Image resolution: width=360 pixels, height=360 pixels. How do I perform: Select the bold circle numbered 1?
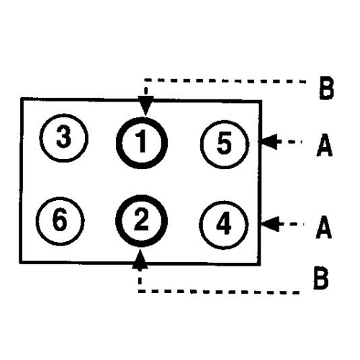pyautogui.click(x=142, y=118)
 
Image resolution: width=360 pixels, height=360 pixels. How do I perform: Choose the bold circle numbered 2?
pyautogui.click(x=142, y=197)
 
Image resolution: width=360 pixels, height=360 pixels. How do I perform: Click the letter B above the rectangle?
pyautogui.click(x=327, y=88)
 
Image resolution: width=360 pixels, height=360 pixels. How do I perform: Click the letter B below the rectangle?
pyautogui.click(x=321, y=278)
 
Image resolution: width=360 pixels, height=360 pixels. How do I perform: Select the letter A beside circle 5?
pyautogui.click(x=325, y=145)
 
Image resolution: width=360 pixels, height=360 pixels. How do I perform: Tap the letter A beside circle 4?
pyautogui.click(x=324, y=227)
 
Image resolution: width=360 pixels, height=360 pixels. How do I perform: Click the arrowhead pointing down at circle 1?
pyautogui.click(x=145, y=106)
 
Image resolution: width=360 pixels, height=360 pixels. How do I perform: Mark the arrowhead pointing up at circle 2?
pyautogui.click(x=140, y=259)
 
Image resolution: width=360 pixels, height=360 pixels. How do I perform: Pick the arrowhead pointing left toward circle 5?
pyautogui.click(x=270, y=142)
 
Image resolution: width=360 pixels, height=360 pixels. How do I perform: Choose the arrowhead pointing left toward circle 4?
pyautogui.click(x=270, y=224)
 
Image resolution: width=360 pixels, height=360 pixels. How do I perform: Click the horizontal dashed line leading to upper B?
pyautogui.click(x=225, y=81)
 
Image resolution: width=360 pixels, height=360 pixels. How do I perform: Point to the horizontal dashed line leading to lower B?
pyautogui.click(x=219, y=292)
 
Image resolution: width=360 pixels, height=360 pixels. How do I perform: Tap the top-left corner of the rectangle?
pyautogui.click(x=22, y=99)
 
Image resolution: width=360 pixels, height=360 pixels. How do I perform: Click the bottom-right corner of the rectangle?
pyautogui.click(x=259, y=264)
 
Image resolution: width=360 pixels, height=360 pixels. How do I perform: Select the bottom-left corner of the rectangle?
pyautogui.click(x=21, y=262)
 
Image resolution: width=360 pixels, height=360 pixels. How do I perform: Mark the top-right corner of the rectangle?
pyautogui.click(x=261, y=102)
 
